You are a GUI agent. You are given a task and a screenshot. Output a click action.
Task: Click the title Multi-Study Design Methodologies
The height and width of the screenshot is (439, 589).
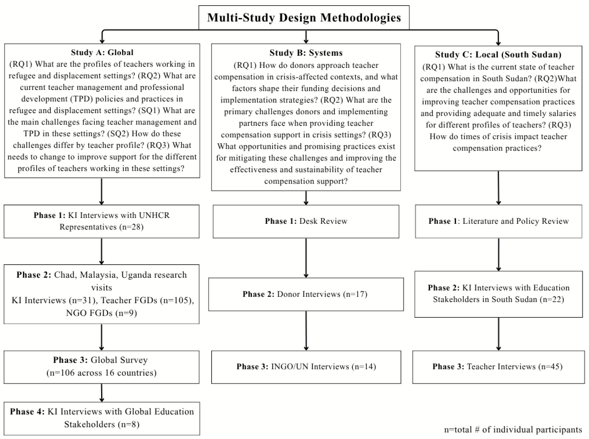304,18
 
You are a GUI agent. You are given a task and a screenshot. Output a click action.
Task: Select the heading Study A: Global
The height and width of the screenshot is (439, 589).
102,52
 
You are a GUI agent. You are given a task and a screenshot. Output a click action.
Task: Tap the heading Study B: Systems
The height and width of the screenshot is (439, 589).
306,53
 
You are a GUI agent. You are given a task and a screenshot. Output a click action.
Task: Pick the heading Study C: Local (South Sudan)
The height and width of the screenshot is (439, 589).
498,54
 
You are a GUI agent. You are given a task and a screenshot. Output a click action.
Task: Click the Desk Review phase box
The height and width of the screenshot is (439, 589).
306,221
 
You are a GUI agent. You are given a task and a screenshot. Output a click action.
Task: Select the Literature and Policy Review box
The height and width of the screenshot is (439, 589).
499,221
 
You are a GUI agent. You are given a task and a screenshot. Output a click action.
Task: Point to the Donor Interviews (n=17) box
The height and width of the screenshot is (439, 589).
306,295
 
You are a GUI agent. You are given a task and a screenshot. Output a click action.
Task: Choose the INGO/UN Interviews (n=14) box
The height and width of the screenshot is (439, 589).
306,367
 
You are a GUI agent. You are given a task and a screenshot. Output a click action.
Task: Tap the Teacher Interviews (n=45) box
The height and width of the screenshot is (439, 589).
499,367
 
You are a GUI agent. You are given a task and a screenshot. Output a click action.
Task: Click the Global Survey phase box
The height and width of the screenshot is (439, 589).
102,367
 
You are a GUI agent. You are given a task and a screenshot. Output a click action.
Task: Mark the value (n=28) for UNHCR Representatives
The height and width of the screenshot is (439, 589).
131,227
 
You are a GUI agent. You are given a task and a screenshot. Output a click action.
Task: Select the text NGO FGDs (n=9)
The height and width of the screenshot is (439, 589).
101,313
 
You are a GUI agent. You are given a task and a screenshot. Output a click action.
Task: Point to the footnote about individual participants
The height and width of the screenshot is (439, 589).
513,430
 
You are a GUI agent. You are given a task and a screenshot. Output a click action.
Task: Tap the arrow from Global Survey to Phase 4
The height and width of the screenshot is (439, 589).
102,393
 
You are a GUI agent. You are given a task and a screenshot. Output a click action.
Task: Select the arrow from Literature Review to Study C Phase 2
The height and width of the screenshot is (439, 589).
499,255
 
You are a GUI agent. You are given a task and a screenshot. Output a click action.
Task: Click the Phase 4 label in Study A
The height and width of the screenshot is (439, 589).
27,412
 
